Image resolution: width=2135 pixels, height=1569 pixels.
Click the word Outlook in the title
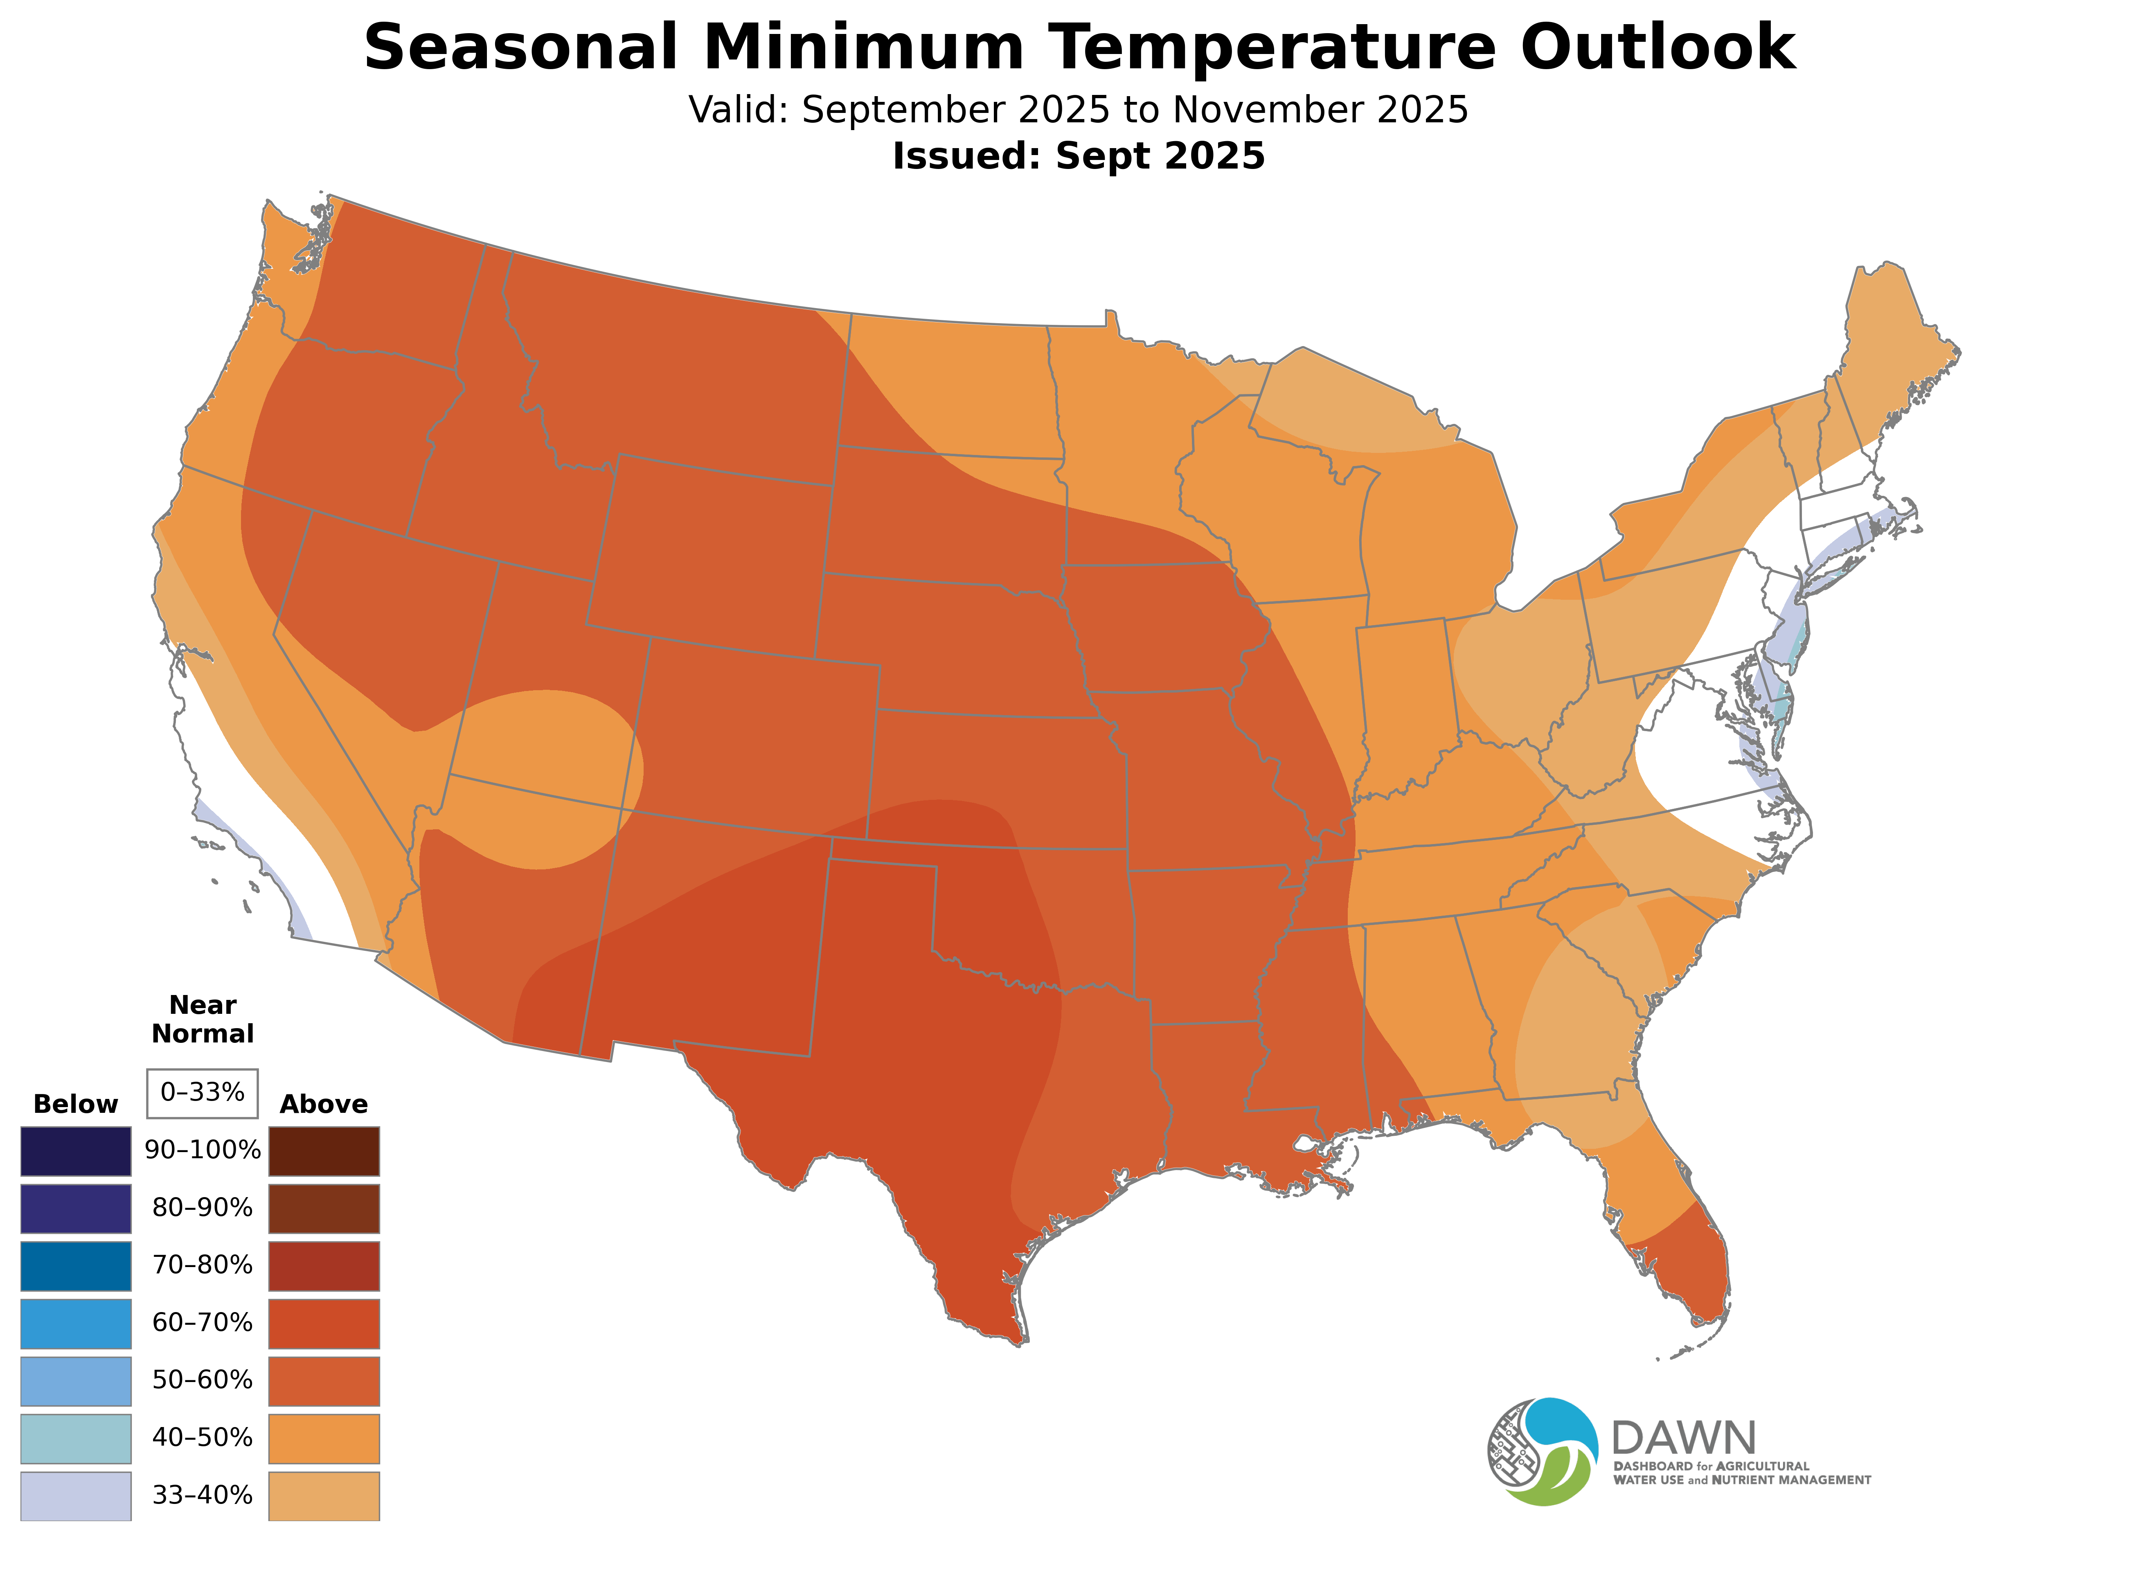point(1657,47)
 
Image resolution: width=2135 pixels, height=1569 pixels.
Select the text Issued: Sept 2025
point(1078,156)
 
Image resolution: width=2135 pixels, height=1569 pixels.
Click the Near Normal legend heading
point(202,1019)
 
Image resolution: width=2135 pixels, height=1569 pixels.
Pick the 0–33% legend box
point(202,1093)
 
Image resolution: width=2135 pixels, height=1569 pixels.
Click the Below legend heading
point(75,1105)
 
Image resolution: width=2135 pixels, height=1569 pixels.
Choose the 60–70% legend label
point(202,1323)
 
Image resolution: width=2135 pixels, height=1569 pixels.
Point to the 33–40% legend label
point(202,1496)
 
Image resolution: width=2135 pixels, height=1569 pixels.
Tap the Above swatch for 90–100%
point(324,1151)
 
